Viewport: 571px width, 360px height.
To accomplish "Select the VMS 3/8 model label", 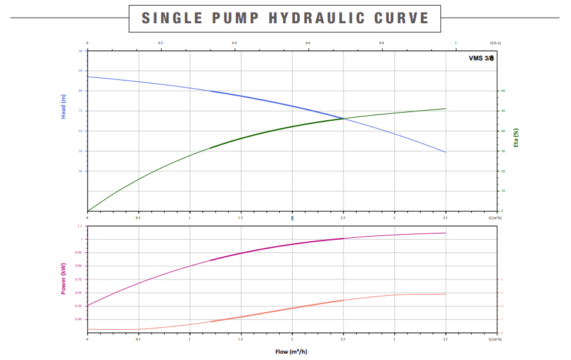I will pos(481,58).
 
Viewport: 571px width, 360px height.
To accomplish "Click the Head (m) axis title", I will pos(64,106).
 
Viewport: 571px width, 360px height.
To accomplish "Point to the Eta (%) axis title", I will pos(516,137).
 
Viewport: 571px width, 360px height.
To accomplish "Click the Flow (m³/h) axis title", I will pos(291,351).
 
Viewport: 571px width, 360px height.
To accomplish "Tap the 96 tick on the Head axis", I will pos(80,51).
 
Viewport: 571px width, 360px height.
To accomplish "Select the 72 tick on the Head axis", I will pos(80,111).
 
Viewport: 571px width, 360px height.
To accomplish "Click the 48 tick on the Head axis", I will pos(80,171).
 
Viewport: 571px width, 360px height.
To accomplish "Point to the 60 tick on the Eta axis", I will pos(503,91).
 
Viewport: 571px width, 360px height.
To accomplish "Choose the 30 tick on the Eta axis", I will pos(503,151).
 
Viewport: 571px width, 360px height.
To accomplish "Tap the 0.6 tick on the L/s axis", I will pos(308,43).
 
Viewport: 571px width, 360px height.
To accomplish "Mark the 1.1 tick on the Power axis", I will pos(80,226).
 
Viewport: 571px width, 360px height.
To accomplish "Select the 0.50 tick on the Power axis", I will pos(79,306).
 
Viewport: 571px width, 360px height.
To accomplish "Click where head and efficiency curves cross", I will pos(343,118).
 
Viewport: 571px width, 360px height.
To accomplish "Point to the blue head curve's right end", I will pos(446,152).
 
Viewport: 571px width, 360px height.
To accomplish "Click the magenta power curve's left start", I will pos(87,306).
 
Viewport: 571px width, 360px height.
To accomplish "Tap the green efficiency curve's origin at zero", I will pos(87,211).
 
